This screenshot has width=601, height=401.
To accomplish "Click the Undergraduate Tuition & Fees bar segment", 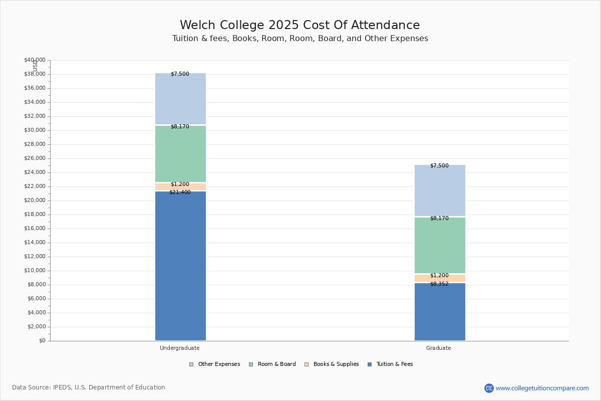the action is (181, 266).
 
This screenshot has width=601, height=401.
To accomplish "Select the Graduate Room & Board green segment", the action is (440, 245).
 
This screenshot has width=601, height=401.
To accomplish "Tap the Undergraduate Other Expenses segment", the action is (181, 99).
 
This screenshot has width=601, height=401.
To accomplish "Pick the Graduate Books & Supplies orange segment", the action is (440, 278).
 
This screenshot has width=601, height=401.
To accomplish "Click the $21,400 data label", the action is (180, 192).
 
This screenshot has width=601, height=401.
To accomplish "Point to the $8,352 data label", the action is (440, 284).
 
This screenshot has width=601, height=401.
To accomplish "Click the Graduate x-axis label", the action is (439, 348).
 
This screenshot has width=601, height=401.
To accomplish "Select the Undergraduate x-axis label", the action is (180, 348).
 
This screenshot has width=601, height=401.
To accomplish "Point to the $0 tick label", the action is (43, 340).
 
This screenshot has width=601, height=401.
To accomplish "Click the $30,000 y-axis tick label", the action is (35, 130).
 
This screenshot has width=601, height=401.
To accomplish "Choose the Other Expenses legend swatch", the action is (191, 364).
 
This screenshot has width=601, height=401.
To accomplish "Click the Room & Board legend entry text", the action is (277, 364).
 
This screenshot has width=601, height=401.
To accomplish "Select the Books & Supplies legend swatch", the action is (307, 364).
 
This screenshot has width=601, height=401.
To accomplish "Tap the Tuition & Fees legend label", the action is (395, 364).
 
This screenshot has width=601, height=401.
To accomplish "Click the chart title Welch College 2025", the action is (239, 25).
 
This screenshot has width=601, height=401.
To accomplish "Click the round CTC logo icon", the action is (489, 388).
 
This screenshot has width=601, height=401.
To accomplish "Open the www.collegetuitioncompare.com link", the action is (542, 388).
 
